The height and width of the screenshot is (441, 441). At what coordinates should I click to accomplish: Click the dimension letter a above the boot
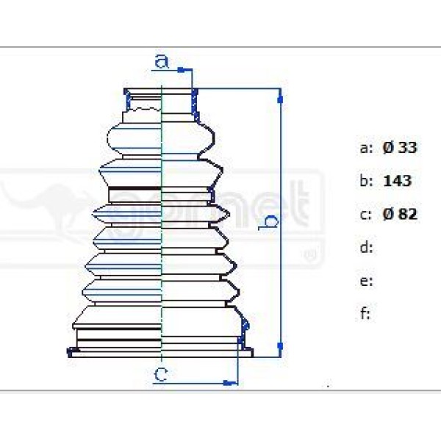(162, 60)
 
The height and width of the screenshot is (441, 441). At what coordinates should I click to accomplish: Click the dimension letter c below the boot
(161, 375)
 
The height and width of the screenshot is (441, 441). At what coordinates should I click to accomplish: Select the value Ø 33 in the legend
(400, 148)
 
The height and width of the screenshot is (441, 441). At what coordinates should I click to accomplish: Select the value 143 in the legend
(398, 181)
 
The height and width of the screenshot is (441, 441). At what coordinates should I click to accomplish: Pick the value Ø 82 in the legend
(400, 215)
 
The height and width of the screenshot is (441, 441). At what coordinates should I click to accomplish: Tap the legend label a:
(367, 148)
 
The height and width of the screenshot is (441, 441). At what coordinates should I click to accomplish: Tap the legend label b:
(367, 181)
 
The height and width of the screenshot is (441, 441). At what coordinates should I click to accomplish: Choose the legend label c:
(366, 215)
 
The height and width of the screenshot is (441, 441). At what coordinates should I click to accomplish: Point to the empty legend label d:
(367, 248)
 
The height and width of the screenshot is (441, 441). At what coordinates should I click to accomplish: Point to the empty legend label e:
(367, 281)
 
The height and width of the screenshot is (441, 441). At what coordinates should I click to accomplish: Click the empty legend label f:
(365, 314)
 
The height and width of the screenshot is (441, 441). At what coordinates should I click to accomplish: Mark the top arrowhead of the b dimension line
(279, 94)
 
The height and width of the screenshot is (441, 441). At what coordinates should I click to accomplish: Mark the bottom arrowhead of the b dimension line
(279, 344)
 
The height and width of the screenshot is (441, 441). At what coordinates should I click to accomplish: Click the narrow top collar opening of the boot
(161, 91)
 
